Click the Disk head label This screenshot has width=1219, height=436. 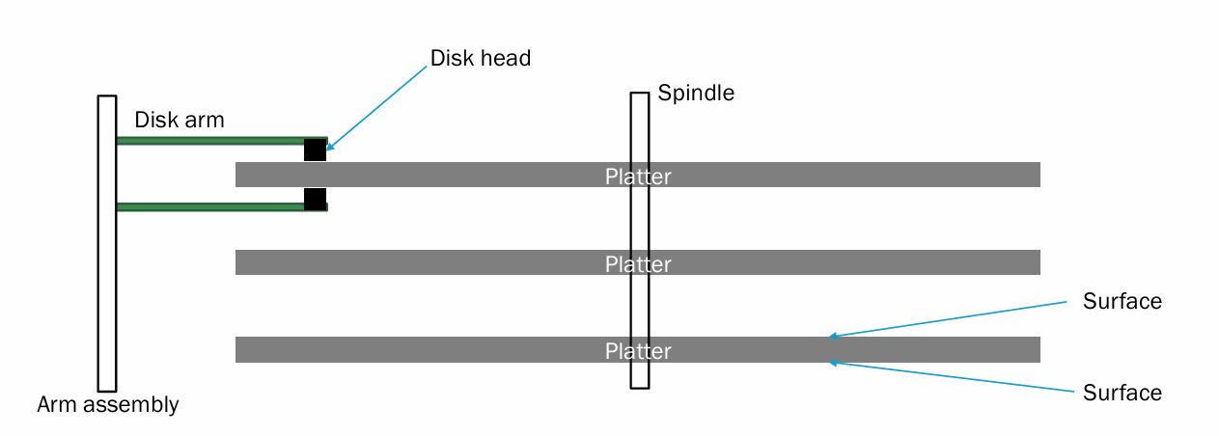point(480,58)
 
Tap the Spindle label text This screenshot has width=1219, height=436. point(696,94)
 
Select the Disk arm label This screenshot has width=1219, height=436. point(179,121)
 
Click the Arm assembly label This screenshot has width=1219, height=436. point(108,404)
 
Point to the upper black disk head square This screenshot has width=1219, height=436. point(315,150)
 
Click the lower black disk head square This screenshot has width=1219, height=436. point(315,199)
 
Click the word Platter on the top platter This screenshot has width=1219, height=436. point(637,177)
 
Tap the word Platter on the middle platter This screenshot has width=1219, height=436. point(637,264)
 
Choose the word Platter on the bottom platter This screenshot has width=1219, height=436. point(637,351)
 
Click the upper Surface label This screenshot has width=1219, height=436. point(1122,302)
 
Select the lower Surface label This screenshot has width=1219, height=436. point(1122,393)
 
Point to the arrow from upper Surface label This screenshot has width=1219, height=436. point(951,319)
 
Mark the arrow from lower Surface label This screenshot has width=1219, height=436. point(951,377)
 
